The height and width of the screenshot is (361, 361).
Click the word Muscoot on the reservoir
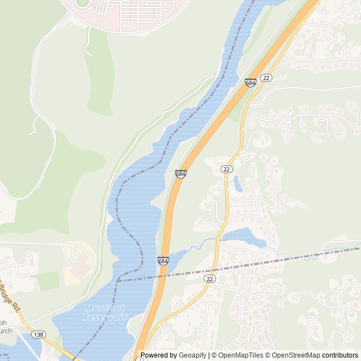coord(102,308)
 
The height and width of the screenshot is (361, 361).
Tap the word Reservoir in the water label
coord(100,318)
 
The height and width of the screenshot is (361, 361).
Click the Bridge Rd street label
coord(9,297)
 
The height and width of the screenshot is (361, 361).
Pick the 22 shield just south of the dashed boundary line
coord(210,279)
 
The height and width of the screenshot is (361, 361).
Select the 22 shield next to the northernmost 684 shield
coord(266,77)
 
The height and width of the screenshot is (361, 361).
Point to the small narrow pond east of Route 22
coord(238,183)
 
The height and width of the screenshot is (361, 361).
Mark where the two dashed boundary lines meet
coord(118,280)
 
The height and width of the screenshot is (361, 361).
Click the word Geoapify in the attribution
coord(193,355)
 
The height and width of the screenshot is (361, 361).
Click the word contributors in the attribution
coord(340,355)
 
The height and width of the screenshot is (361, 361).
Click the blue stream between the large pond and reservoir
coord(197,246)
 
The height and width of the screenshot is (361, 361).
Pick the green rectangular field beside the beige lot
coord(48,280)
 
